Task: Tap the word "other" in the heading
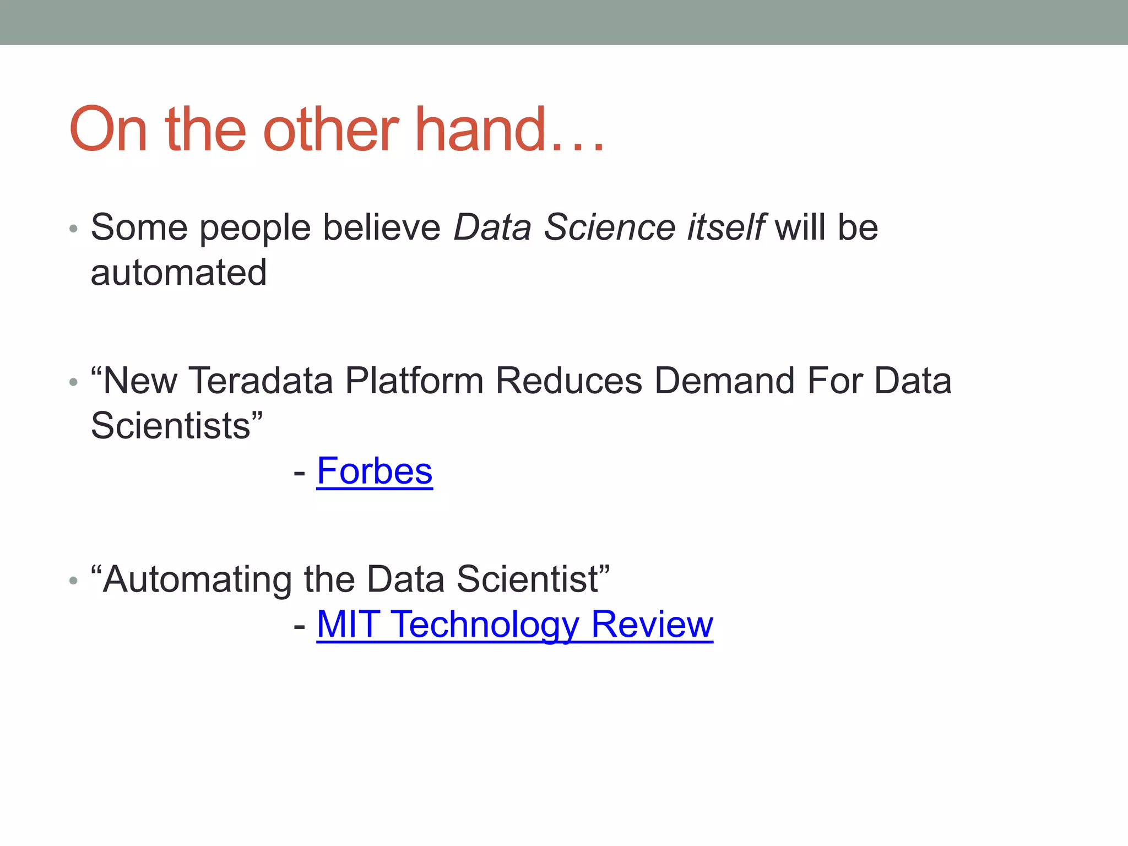(330, 129)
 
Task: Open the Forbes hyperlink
(375, 471)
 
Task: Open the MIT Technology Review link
(514, 625)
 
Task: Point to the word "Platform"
(414, 381)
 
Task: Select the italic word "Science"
(609, 227)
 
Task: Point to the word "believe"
(382, 227)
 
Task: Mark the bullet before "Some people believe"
(74, 229)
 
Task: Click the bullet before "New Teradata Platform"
(74, 382)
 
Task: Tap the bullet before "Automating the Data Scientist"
(74, 581)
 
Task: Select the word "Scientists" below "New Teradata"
(170, 426)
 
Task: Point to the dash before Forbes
(300, 473)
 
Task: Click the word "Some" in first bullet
(139, 227)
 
